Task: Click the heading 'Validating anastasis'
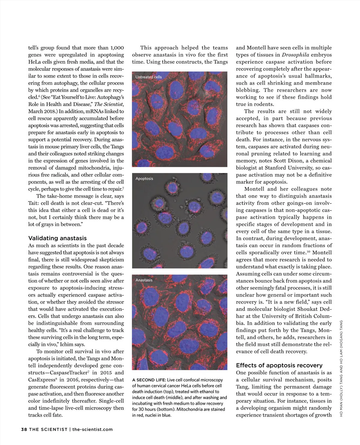point(57,238)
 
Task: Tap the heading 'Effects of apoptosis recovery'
point(279,365)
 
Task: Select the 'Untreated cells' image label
point(148,77)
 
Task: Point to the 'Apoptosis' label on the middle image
point(144,179)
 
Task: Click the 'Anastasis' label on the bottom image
point(144,280)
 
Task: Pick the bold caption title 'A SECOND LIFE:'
point(149,380)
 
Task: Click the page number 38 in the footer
point(24,429)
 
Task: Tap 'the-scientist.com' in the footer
point(93,429)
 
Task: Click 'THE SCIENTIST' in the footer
point(48,429)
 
